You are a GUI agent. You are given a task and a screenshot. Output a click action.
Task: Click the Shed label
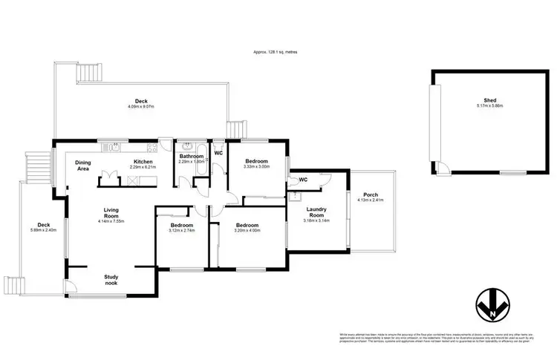coord(489,99)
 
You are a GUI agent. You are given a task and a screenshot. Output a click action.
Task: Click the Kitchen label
coord(143,162)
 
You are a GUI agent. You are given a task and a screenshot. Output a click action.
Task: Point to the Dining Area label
coord(83,166)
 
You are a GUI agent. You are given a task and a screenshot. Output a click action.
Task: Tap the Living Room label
coord(112,212)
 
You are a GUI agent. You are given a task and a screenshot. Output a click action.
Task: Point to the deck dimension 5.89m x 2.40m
coord(44,229)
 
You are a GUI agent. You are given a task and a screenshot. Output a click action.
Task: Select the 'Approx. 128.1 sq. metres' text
coord(278,52)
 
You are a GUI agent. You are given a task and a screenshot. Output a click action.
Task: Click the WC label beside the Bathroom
coord(218,153)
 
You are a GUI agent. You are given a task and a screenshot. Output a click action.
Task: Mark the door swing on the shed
coord(442,168)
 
